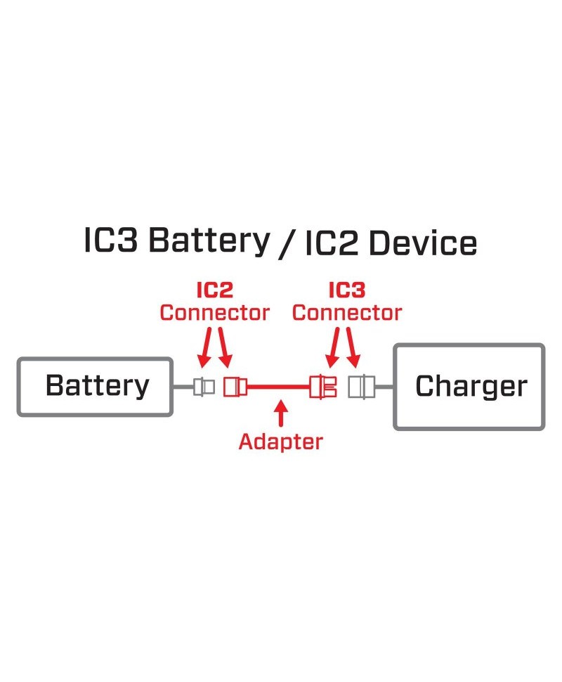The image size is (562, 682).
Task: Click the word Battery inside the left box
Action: pyautogui.click(x=97, y=386)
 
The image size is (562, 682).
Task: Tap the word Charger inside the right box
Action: pyautogui.click(x=471, y=386)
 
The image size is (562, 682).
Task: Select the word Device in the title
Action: pyautogui.click(x=423, y=244)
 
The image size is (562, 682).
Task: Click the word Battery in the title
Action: pyautogui.click(x=209, y=243)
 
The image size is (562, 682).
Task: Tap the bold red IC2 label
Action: pyautogui.click(x=214, y=290)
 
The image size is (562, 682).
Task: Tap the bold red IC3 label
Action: pyautogui.click(x=346, y=290)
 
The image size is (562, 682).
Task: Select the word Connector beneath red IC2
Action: pyautogui.click(x=214, y=312)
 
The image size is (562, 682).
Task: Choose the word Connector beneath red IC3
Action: pyautogui.click(x=346, y=312)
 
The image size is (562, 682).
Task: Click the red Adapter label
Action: pyautogui.click(x=281, y=442)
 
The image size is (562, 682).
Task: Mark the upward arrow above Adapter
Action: pyautogui.click(x=281, y=413)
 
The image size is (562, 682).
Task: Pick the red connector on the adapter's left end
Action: pyautogui.click(x=234, y=387)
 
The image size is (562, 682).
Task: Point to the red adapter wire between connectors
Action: pyautogui.click(x=278, y=387)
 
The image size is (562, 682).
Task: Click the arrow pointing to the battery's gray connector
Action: pyautogui.click(x=204, y=348)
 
